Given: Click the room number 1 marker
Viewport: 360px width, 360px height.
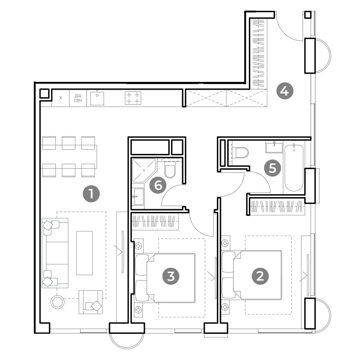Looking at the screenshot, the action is [91, 194].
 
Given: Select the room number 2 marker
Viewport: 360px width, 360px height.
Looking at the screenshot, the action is [260, 276].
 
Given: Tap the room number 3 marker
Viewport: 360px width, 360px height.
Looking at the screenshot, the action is [171, 276].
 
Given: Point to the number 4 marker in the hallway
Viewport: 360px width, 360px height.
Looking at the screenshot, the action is [285, 91].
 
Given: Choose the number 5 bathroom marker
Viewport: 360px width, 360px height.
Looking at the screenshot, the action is [272, 168].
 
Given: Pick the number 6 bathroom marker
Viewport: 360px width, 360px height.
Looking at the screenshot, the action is [158, 185].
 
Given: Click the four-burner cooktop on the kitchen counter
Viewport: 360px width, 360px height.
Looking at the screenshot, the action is [133, 98].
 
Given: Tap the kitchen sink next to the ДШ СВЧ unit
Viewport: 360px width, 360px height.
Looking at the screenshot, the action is [97, 98].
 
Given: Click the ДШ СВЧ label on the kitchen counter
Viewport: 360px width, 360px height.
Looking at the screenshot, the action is [78, 98].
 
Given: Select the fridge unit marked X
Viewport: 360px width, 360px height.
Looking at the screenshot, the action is [61, 98].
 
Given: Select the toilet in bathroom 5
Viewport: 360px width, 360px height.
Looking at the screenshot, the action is [240, 153].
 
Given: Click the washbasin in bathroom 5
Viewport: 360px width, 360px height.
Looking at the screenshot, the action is [274, 147].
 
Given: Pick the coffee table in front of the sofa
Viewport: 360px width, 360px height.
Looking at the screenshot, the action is [85, 253].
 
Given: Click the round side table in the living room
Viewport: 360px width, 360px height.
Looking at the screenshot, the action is [58, 301].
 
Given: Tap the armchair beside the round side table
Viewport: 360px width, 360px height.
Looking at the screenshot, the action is [90, 302].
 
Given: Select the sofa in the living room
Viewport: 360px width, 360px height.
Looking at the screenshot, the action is [55, 253].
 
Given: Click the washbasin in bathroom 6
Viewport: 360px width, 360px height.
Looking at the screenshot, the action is [139, 196].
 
